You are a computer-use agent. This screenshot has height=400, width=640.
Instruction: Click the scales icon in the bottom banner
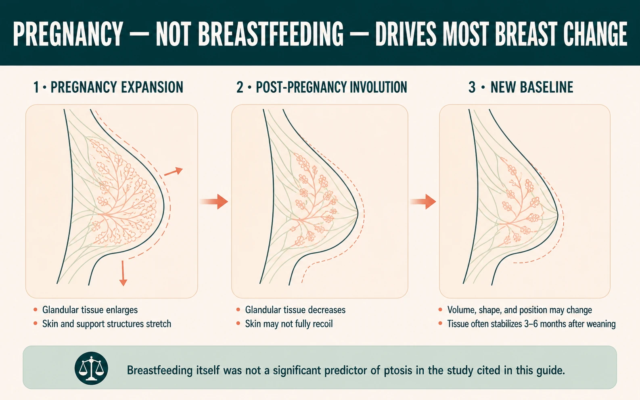tap(91, 368)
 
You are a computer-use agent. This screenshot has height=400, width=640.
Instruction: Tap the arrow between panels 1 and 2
tap(214, 202)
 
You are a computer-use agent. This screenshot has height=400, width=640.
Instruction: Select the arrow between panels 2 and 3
tap(423, 202)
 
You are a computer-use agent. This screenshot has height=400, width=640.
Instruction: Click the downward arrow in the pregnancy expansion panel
tap(123, 273)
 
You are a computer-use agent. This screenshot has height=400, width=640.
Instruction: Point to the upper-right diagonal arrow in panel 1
tap(174, 172)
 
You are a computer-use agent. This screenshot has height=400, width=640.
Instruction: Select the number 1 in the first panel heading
tap(36, 87)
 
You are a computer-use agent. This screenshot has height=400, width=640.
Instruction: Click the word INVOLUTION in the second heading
tap(378, 87)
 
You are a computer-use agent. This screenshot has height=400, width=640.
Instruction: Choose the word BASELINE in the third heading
tap(546, 87)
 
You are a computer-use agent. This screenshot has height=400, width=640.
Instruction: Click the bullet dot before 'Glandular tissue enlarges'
tap(36, 310)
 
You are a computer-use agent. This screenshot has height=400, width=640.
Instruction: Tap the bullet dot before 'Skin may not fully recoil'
tap(238, 324)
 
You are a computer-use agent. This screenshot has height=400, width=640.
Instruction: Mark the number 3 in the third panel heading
tap(472, 87)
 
